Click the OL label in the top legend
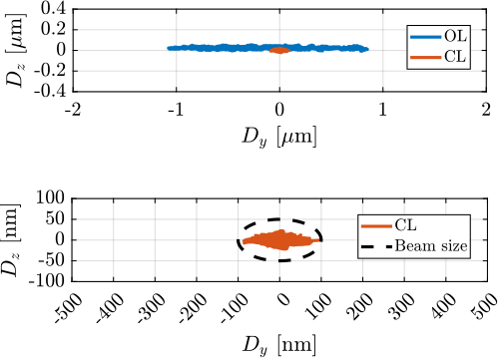(454, 36)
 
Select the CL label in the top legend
(454, 58)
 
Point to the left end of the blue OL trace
(169, 48)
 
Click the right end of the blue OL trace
(367, 48)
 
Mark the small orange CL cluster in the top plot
(279, 50)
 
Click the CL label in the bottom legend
(406, 225)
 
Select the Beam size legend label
(430, 245)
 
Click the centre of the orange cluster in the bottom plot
(279, 239)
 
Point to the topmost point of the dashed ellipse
(279, 220)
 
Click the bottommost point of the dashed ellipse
(279, 259)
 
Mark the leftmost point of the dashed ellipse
(239, 240)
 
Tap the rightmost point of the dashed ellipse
(321, 240)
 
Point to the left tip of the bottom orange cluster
(242, 240)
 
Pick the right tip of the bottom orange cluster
(321, 239)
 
